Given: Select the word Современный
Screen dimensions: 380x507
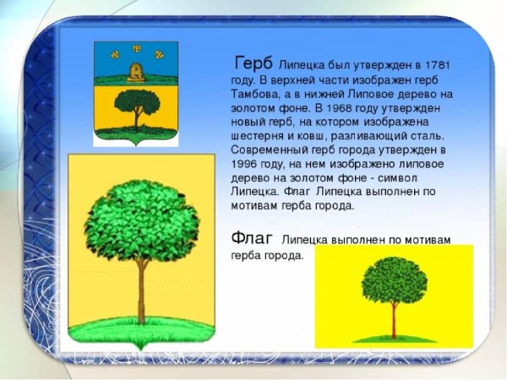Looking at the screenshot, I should pos(270,150).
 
